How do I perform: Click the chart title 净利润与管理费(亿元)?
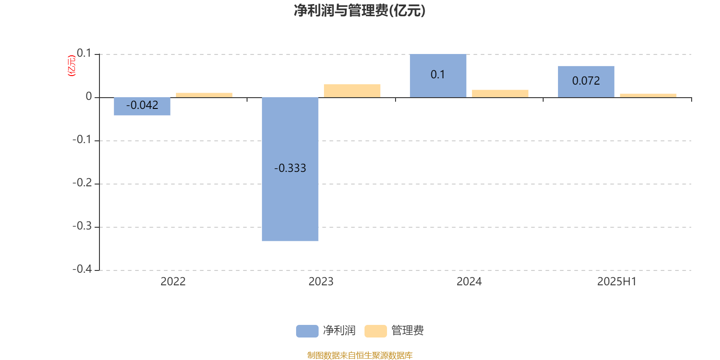click(360, 10)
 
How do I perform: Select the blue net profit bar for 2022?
click(142, 106)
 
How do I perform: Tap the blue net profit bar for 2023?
click(290, 169)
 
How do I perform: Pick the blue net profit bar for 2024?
click(438, 76)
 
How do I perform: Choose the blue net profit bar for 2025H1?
click(586, 81)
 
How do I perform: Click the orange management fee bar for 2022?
click(204, 95)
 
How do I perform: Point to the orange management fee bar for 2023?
click(352, 90)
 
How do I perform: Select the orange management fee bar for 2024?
click(500, 94)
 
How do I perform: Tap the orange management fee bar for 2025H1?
click(648, 95)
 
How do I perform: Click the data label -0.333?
click(290, 168)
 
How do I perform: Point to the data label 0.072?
click(586, 81)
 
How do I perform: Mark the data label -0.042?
click(142, 105)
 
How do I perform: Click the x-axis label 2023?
click(321, 282)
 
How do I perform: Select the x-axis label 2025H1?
click(617, 282)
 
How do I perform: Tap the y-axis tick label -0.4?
click(82, 269)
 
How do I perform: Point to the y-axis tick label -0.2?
click(82, 183)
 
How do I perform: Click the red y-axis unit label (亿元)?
click(72, 66)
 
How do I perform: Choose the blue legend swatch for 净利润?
click(307, 331)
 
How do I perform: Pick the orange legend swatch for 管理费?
click(375, 331)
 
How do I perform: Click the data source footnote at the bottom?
click(360, 355)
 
